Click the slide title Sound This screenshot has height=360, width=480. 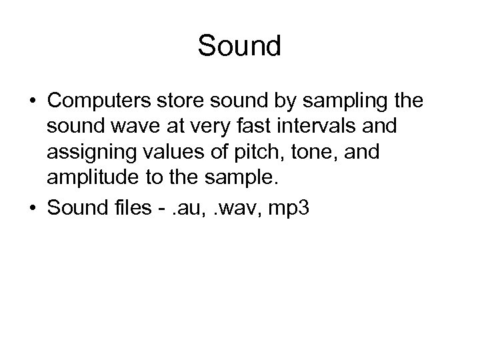(x=240, y=46)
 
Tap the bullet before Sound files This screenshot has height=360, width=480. (x=31, y=209)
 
